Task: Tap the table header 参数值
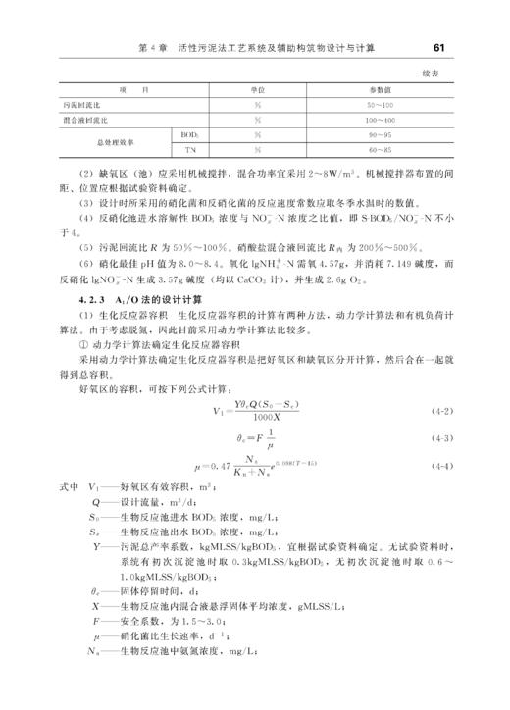(382, 89)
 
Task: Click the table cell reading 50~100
(381, 104)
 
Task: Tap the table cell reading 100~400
(381, 119)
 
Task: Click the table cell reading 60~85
(381, 149)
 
